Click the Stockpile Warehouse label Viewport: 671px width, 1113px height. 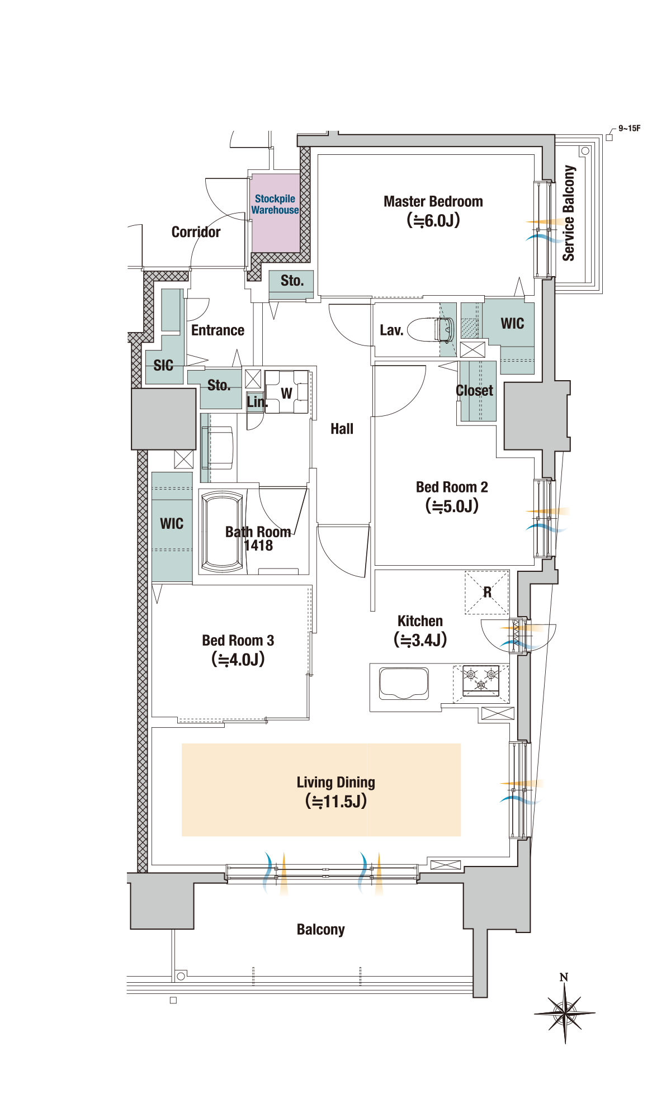(275, 205)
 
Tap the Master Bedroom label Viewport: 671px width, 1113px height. (433, 202)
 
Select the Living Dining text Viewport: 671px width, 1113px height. (335, 783)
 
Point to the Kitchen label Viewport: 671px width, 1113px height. (420, 622)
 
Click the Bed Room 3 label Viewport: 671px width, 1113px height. (238, 641)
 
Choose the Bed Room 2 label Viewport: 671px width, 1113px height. (452, 487)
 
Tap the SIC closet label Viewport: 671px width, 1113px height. (163, 366)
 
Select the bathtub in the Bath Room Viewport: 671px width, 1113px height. (223, 532)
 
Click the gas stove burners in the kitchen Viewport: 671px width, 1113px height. (480, 680)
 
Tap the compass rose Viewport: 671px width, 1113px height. (565, 1012)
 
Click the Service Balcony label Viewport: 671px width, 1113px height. (569, 213)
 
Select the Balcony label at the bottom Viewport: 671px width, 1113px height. (320, 930)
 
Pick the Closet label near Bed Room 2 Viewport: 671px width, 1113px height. (475, 391)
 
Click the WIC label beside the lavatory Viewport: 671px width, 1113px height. (512, 324)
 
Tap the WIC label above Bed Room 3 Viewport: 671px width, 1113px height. (172, 524)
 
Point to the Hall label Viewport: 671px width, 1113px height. (342, 429)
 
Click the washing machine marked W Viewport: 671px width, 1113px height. (287, 393)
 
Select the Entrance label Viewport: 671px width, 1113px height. (218, 330)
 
